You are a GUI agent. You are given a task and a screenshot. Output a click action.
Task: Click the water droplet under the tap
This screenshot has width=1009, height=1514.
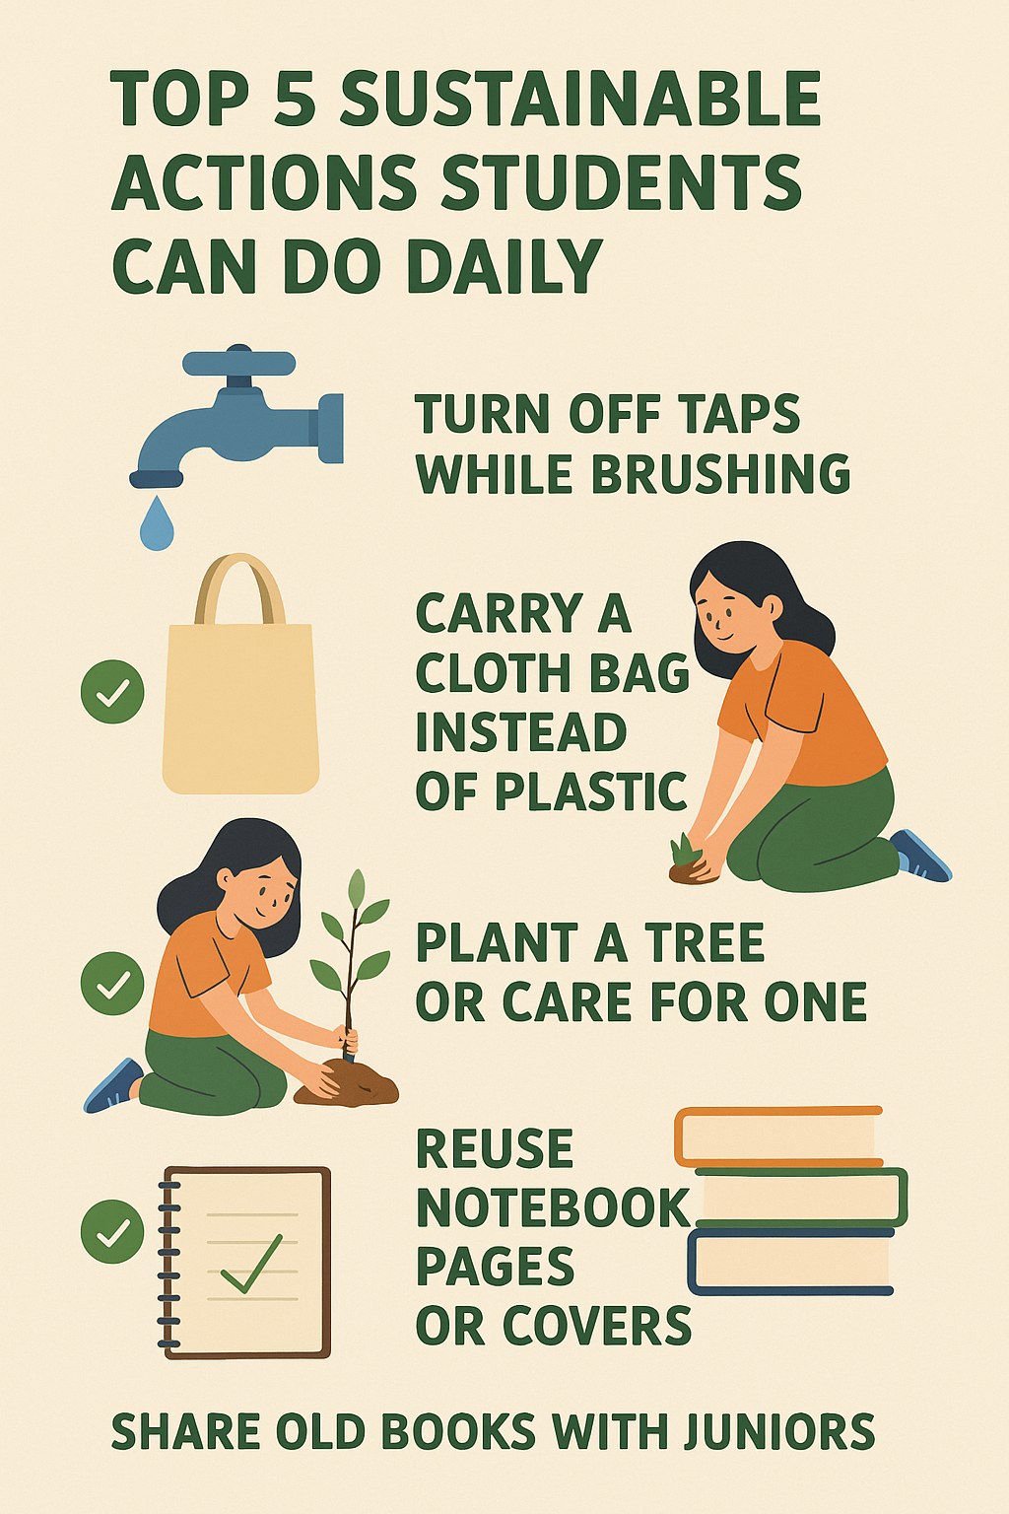point(157,524)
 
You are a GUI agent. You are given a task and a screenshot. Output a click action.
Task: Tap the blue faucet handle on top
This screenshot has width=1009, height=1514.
point(239,362)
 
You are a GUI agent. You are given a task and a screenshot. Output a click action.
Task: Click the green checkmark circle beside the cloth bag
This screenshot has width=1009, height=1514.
point(112,691)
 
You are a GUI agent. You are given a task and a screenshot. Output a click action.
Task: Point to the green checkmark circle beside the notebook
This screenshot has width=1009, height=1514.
point(112,1231)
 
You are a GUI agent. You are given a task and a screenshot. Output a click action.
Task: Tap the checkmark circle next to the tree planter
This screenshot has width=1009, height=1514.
point(112,984)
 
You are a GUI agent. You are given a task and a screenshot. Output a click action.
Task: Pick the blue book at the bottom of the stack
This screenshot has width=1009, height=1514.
point(790,1262)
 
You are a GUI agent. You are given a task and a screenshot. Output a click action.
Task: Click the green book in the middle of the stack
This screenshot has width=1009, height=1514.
point(801,1198)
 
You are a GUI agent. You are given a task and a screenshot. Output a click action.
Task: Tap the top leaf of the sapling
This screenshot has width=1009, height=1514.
point(356,892)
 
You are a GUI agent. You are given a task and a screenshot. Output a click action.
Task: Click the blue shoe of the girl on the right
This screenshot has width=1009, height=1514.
point(921,856)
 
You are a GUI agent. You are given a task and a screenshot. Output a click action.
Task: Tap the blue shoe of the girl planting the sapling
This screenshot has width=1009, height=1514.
point(112,1085)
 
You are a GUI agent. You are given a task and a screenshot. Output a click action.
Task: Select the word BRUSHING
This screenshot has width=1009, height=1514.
point(721,474)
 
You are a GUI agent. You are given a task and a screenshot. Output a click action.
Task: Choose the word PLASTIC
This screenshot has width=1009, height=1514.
point(591,791)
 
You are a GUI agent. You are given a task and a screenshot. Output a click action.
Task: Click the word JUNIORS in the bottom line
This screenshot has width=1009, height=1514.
point(778,1431)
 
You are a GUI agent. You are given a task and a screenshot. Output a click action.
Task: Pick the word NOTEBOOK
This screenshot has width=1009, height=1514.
point(553,1207)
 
